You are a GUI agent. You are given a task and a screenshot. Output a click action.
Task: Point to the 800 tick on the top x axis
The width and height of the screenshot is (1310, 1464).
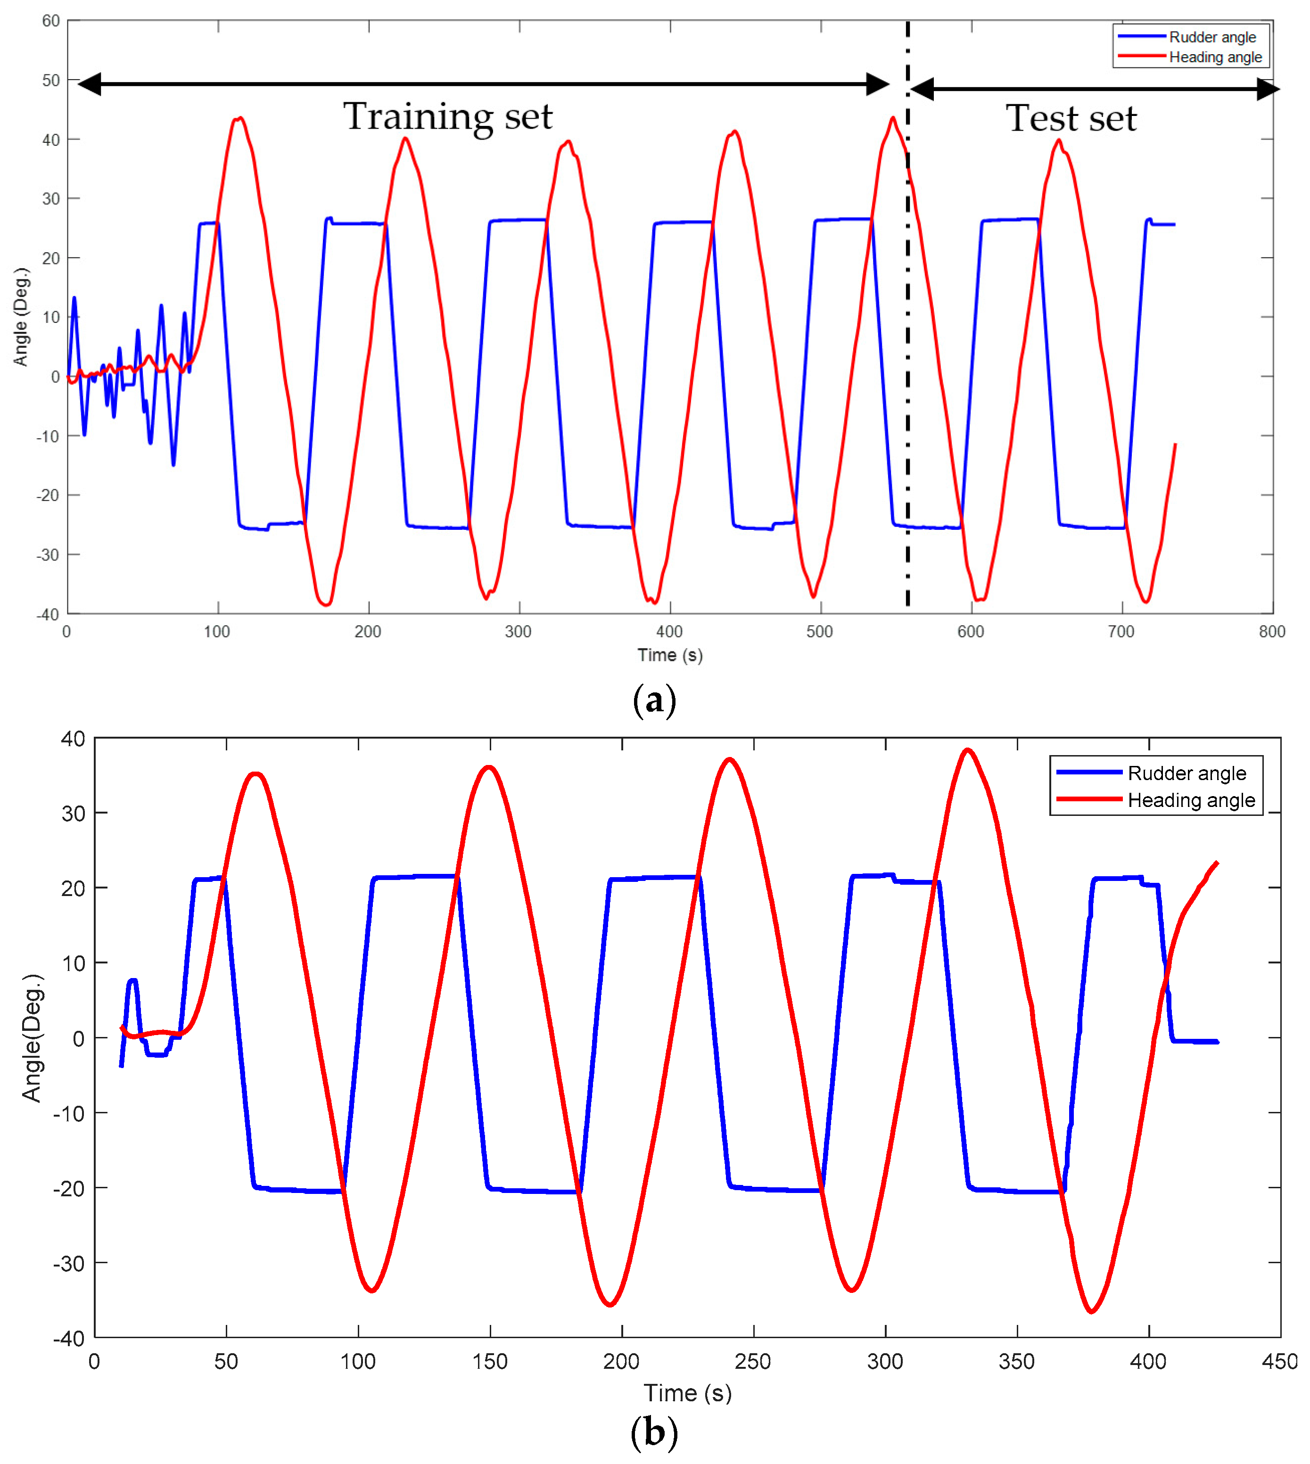click(x=1272, y=632)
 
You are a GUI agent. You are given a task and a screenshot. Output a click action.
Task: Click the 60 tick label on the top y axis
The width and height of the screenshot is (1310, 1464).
click(x=50, y=21)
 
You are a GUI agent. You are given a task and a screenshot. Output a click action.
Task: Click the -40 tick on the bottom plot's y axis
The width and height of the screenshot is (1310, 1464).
click(x=69, y=1339)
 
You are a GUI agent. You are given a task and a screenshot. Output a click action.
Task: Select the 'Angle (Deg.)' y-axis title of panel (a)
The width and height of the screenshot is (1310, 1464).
click(x=21, y=317)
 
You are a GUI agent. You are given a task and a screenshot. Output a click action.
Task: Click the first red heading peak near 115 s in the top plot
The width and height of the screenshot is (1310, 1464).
click(x=239, y=118)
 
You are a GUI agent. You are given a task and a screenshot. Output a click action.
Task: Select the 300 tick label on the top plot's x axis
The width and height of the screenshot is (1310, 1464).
click(x=518, y=632)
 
